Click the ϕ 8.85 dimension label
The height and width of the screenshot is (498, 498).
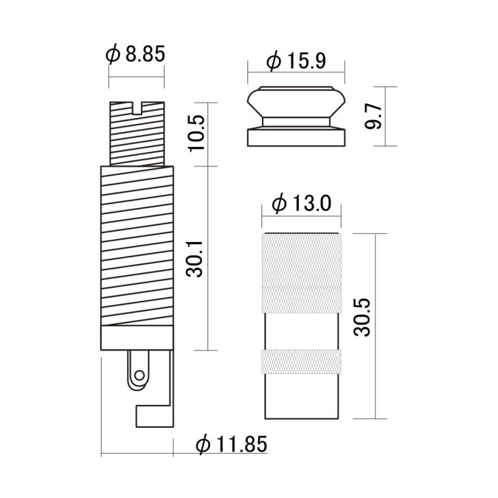pyautogui.click(x=136, y=54)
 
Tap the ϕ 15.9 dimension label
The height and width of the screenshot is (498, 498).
pyautogui.click(x=296, y=61)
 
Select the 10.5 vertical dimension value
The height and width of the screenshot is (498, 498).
pyautogui.click(x=197, y=133)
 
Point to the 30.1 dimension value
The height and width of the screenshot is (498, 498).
pyautogui.click(x=194, y=259)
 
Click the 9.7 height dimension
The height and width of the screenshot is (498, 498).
pyautogui.click(x=373, y=117)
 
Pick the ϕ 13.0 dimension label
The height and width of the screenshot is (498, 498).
pyautogui.click(x=301, y=203)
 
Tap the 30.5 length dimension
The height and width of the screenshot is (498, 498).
pyautogui.click(x=362, y=318)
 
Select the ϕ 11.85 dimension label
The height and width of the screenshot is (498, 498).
pyautogui.click(x=232, y=444)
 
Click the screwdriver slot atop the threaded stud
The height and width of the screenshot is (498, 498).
pyautogui.click(x=137, y=108)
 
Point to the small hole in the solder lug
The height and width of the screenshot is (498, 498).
pyautogui.click(x=139, y=375)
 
